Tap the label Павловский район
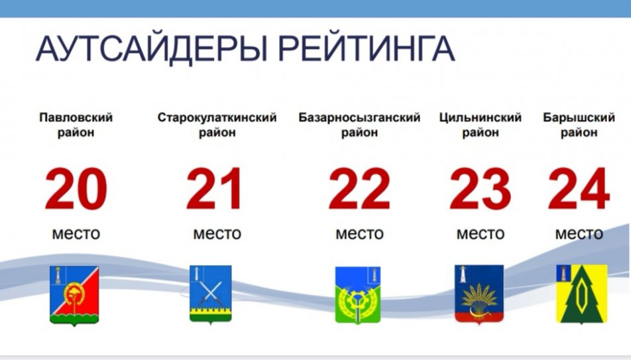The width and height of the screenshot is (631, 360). coord(76,125)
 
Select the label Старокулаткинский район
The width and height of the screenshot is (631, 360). coord(217,125)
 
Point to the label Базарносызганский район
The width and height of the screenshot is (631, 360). coord(359,125)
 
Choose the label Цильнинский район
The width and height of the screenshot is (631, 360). coord(481,125)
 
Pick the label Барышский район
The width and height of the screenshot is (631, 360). coord(579,125)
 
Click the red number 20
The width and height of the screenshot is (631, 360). coord(76,188)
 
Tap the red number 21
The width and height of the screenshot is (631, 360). coord(214,188)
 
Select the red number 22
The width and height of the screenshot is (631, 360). coord(359,188)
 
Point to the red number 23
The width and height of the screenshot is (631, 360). coord(480,188)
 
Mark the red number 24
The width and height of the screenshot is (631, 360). coord(579,188)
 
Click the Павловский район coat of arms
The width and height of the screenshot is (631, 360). coord(74,295)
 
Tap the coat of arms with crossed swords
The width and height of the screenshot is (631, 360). coord(211,294)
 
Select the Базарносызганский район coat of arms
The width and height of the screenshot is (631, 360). coord(358,295)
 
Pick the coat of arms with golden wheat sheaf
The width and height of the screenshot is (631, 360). coord(479,294)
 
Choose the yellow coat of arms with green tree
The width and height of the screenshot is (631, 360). coord(581,294)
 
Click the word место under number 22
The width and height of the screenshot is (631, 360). coord(359,233)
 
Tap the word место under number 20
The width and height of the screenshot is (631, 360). coord(76,233)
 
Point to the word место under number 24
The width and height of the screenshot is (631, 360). coord(579,233)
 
